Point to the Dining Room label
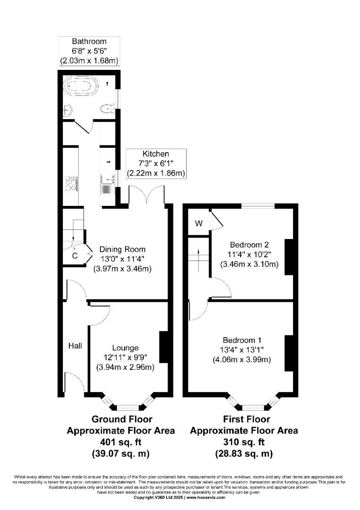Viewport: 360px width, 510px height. [122, 249]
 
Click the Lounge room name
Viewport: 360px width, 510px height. [125, 348]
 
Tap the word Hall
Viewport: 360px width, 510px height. [75, 346]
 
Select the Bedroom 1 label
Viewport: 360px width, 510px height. [242, 340]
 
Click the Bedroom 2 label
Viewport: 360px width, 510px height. [249, 245]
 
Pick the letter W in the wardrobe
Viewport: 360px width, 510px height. [199, 223]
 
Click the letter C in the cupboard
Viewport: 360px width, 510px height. [75, 256]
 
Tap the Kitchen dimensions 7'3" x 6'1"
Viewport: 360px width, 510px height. [156, 163]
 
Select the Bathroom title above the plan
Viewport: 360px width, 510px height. [89, 41]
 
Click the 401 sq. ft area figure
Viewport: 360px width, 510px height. [121, 442]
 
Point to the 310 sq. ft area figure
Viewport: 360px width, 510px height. [244, 442]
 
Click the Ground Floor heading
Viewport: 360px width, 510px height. [122, 419]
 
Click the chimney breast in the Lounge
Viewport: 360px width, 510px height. [164, 347]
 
